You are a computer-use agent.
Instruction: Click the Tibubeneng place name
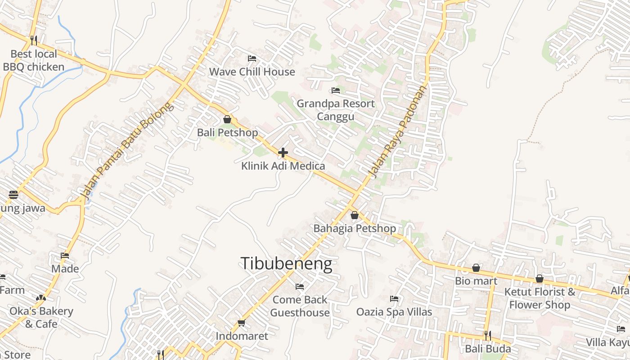click(x=287, y=264)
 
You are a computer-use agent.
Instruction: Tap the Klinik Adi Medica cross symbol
click(x=283, y=153)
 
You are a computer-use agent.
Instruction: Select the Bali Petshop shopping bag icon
click(x=227, y=119)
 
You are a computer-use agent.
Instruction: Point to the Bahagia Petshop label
click(x=355, y=228)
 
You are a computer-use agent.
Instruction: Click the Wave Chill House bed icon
click(x=252, y=58)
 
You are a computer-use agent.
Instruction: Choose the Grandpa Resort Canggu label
click(x=336, y=110)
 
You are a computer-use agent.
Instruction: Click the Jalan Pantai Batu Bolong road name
click(x=126, y=151)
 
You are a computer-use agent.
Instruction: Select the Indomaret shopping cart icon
click(x=241, y=323)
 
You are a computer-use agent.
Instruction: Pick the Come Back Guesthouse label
click(x=300, y=306)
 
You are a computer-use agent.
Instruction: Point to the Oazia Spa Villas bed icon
click(x=394, y=298)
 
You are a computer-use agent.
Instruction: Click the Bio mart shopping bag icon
click(x=476, y=268)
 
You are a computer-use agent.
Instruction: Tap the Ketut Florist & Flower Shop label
click(x=540, y=298)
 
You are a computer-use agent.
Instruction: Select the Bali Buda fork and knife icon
click(x=488, y=335)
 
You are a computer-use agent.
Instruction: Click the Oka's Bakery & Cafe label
click(x=41, y=317)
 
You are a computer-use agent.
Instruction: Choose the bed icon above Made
click(x=65, y=256)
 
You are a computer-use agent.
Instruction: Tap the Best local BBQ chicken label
click(x=34, y=60)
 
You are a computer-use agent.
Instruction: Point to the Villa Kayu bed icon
click(x=621, y=329)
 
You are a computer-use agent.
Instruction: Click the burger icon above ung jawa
click(x=13, y=195)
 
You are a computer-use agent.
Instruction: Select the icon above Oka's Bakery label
click(x=41, y=298)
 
